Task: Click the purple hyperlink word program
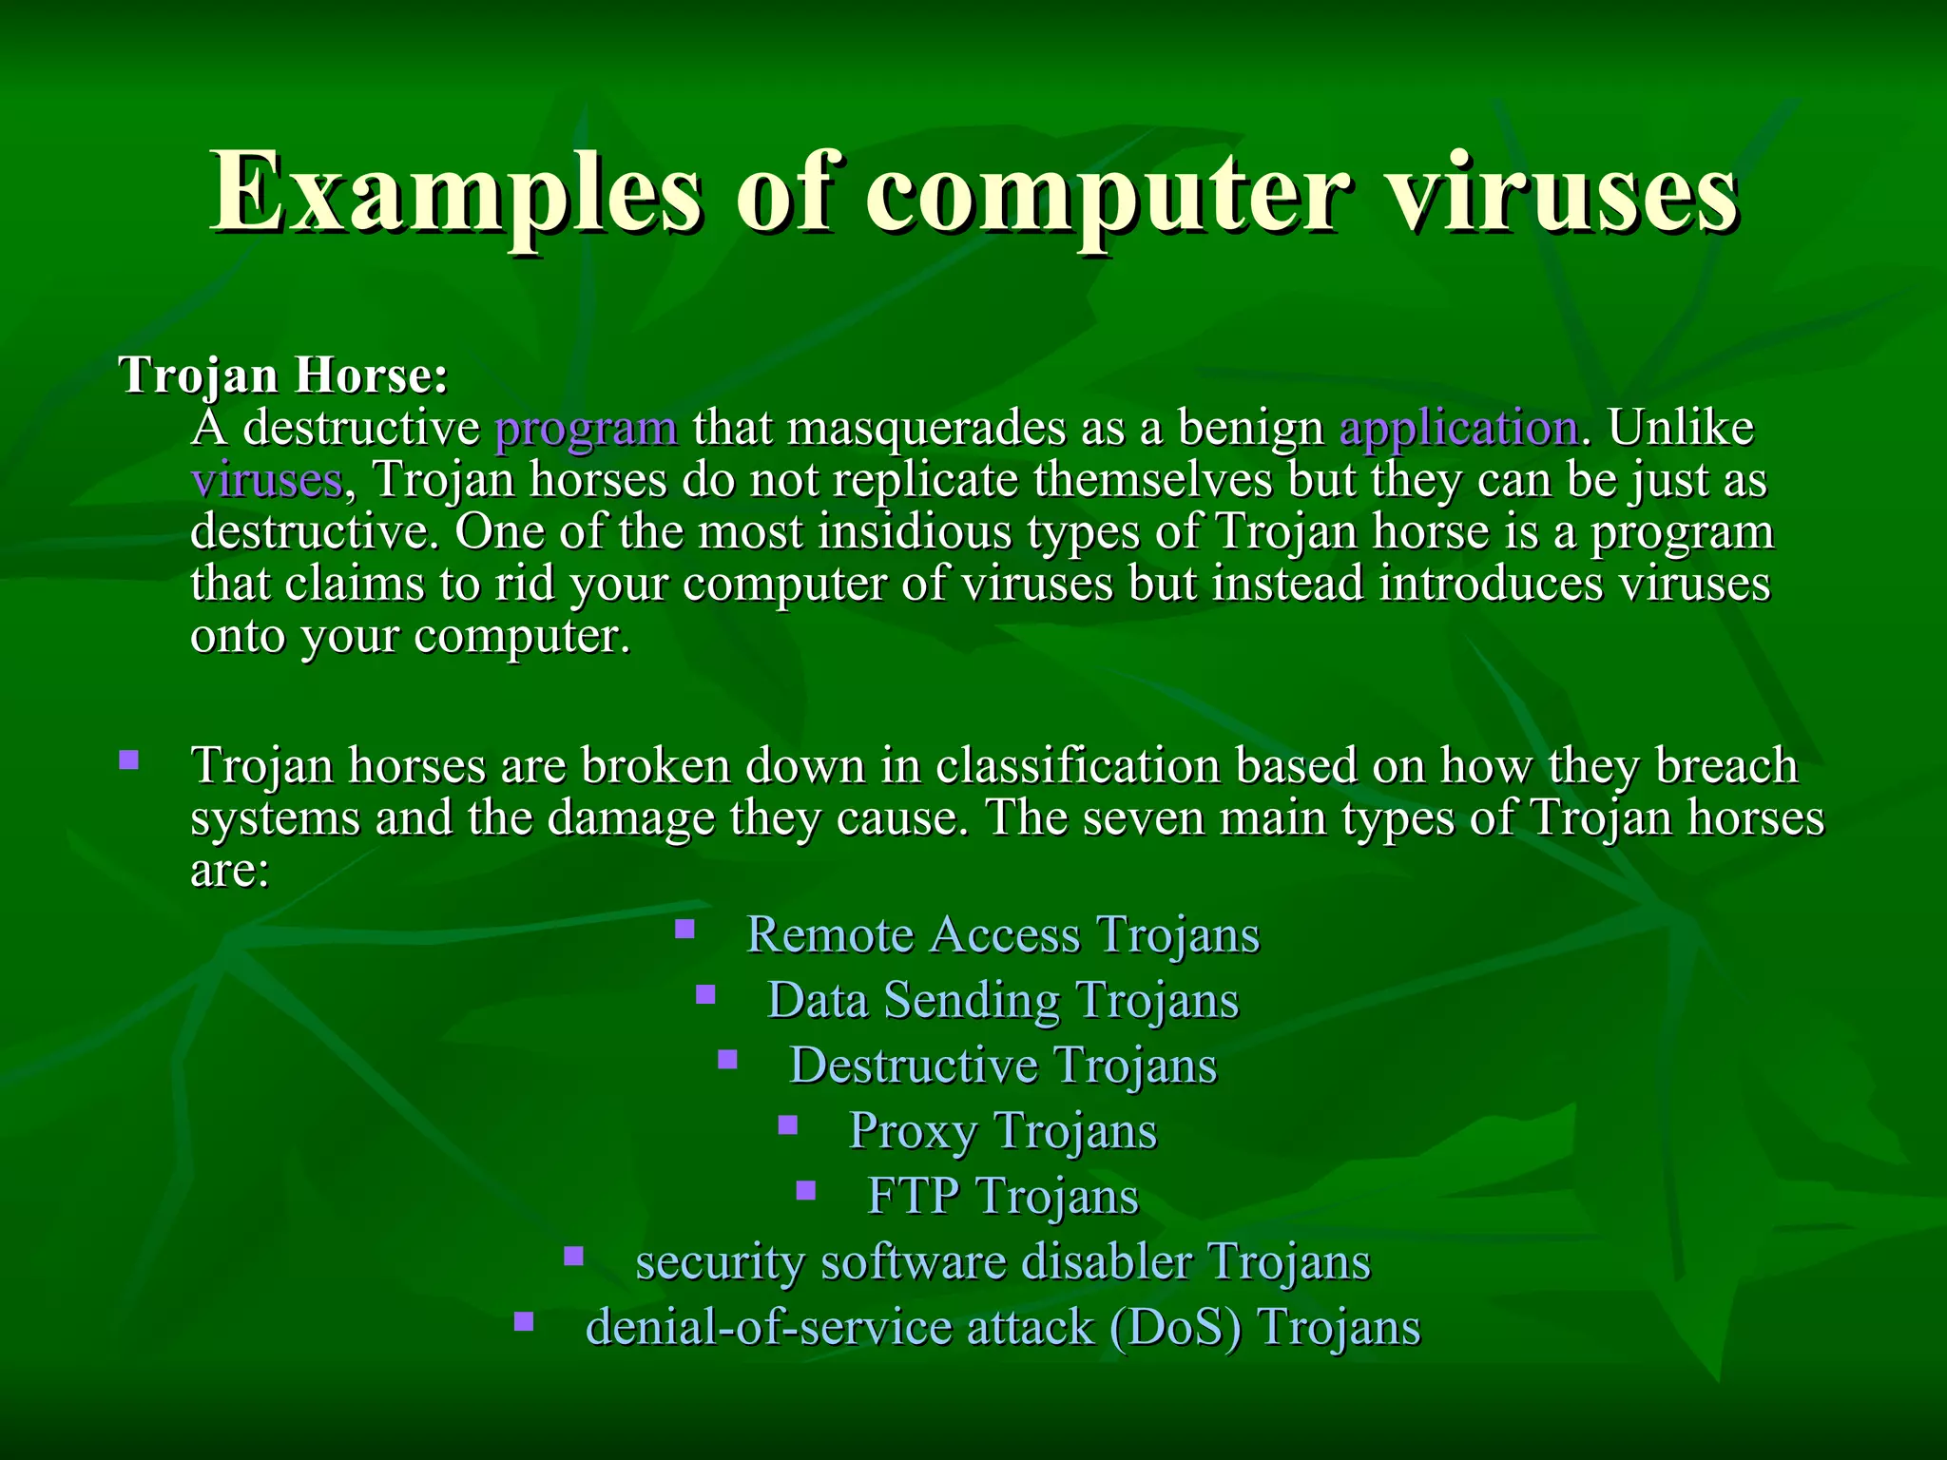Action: tap(587, 429)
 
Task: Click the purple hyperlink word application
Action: tap(1458, 429)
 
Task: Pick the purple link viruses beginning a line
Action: tap(266, 480)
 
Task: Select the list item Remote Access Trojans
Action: tap(1002, 934)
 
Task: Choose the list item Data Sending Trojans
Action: tap(1002, 1000)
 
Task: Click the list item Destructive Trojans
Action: tap(1002, 1065)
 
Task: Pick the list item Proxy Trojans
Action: tap(1002, 1130)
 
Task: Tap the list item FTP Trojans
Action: tap(1002, 1196)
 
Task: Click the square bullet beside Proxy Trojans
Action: tap(787, 1125)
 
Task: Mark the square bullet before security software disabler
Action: tap(573, 1257)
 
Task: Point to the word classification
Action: tap(1077, 766)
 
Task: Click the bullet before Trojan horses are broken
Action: tap(129, 760)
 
